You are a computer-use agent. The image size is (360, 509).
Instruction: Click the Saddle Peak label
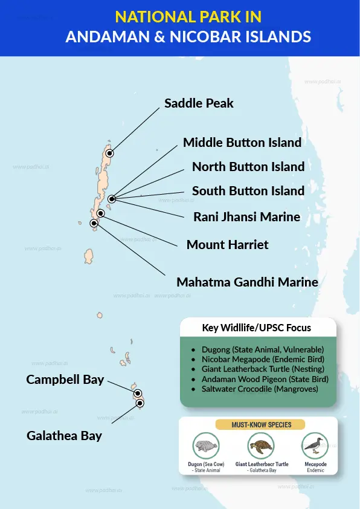coord(199,103)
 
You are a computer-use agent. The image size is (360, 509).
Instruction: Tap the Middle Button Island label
coord(242,143)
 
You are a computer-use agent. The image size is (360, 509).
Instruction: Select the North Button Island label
coord(248,166)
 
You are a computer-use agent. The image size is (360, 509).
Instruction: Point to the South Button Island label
coord(248,190)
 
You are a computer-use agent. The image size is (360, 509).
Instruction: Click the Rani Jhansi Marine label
coord(246,216)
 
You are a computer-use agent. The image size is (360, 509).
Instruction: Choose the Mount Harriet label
coord(228,245)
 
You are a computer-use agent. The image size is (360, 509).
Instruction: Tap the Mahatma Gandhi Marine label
coord(247,282)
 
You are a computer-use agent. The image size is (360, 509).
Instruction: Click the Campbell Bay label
coord(65,380)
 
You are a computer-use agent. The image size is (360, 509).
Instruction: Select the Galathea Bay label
coord(65,435)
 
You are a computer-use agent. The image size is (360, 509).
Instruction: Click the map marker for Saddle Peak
coord(109,154)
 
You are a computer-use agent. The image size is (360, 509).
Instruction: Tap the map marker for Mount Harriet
coord(100,213)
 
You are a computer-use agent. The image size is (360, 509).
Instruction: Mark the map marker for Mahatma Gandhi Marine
coord(94,223)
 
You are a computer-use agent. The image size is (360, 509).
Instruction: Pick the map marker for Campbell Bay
coord(137,394)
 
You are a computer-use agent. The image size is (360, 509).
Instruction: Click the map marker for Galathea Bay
coord(140,403)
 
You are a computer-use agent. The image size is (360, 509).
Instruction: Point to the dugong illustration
coord(206,447)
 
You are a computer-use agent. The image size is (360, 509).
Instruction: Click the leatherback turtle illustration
coord(261,447)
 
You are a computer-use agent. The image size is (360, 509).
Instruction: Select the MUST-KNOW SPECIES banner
coord(257,425)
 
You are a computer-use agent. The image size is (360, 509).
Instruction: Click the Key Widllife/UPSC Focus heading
coord(257,328)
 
